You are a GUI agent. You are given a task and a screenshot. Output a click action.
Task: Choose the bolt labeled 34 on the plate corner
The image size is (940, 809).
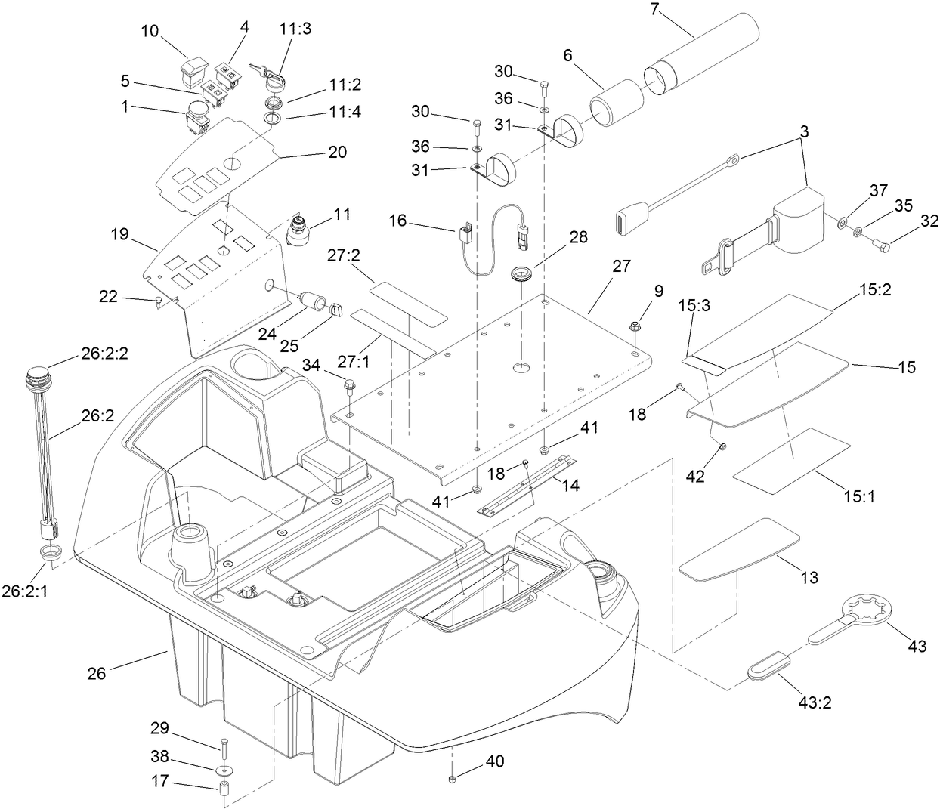point(349,386)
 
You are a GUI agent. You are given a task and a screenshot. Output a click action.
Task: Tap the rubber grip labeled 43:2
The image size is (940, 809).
point(768,665)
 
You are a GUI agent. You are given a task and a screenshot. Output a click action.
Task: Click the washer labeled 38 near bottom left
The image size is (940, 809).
point(224,769)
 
